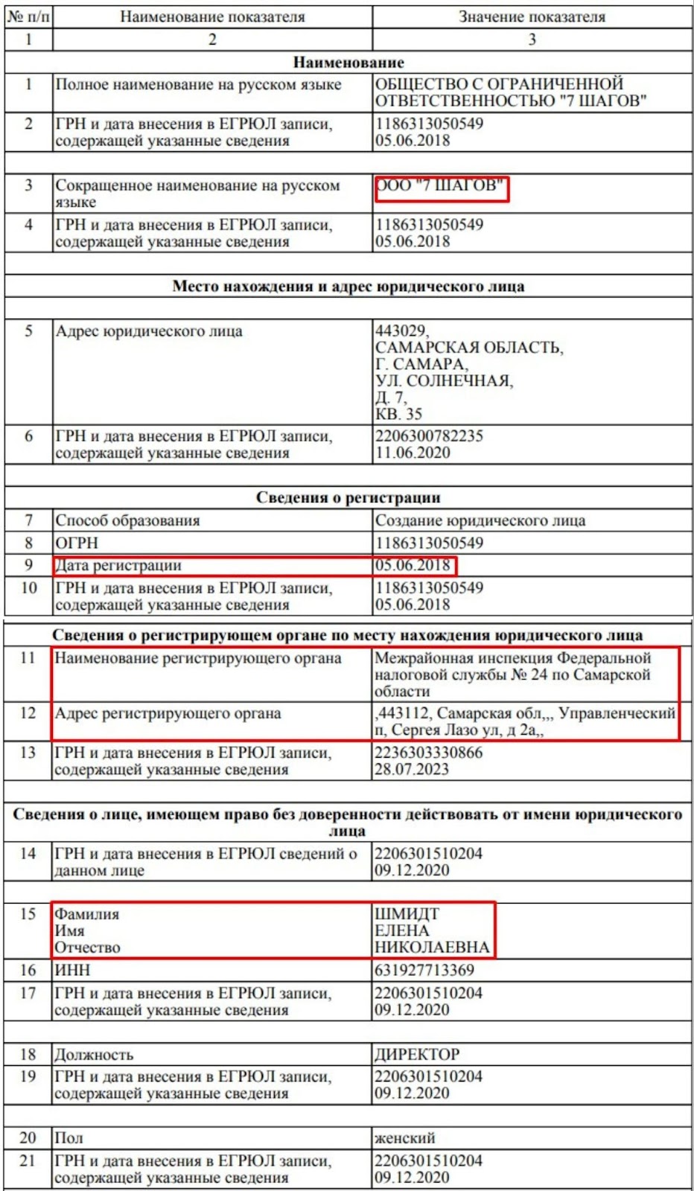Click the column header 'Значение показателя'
click(532, 17)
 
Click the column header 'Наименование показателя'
click(212, 17)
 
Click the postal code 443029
click(401, 331)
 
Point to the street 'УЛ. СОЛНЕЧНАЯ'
click(444, 380)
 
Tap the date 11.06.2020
click(413, 453)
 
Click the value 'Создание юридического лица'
click(480, 520)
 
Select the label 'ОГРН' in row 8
click(77, 543)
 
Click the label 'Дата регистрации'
click(118, 565)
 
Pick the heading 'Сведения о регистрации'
click(348, 497)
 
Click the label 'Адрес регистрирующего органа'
click(168, 713)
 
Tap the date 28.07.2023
click(411, 769)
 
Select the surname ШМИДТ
click(407, 913)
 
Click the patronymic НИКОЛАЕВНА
click(432, 947)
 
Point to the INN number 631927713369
click(424, 970)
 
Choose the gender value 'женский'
click(404, 1137)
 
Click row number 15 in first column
click(28, 913)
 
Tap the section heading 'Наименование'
click(348, 63)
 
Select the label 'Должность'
click(94, 1054)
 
